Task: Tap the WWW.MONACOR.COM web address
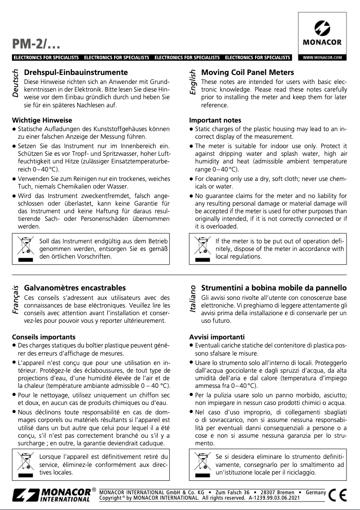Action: point(322,57)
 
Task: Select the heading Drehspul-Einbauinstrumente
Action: point(76,72)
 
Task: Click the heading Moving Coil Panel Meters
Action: point(248,72)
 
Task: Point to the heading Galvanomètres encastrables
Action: point(75,288)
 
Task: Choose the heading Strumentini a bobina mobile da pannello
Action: point(274,288)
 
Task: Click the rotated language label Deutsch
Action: point(16,84)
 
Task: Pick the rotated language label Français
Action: point(16,299)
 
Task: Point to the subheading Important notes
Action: point(215,120)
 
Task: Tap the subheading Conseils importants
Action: point(44,337)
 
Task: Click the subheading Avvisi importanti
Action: point(217,337)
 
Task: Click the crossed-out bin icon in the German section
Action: point(25,247)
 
